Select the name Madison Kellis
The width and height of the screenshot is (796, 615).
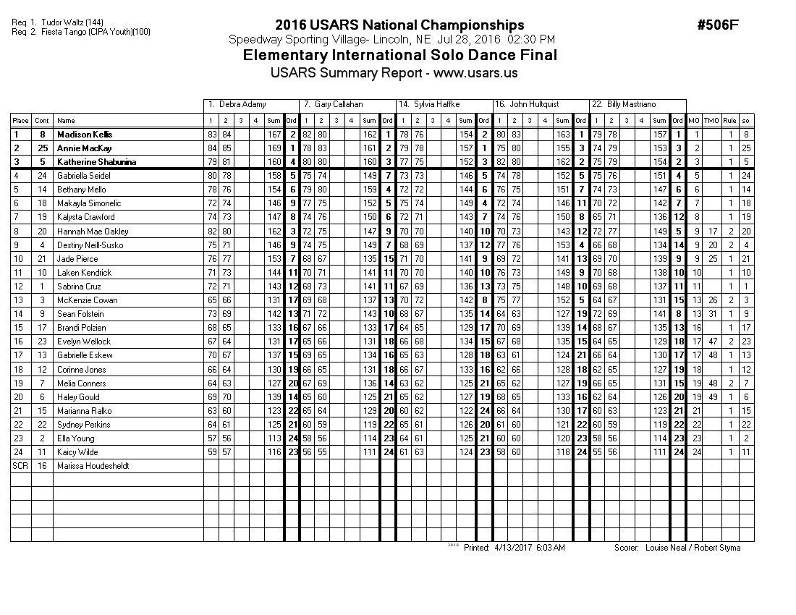(x=85, y=135)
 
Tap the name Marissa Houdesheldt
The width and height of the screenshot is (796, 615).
(x=93, y=466)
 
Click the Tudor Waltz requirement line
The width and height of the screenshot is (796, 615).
(x=58, y=23)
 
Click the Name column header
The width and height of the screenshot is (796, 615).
(x=67, y=121)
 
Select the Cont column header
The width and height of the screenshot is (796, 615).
(x=43, y=121)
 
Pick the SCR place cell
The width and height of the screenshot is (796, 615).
(x=20, y=466)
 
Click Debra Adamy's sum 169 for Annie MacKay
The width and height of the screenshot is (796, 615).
(x=274, y=148)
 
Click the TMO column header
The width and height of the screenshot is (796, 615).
(x=711, y=121)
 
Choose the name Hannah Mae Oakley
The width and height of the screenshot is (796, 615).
(x=93, y=232)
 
